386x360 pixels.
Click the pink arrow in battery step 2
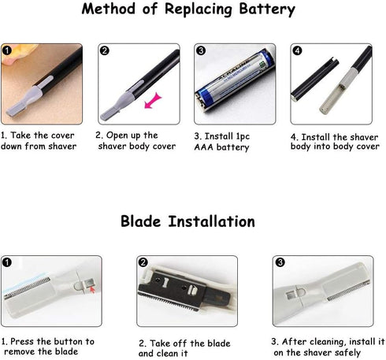point(153,101)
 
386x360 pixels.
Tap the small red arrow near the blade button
point(92,290)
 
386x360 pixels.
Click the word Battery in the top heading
point(267,9)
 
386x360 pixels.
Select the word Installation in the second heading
point(211,221)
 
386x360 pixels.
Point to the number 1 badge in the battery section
point(7,50)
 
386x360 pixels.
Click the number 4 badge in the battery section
point(297,50)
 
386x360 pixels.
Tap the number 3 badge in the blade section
point(280,262)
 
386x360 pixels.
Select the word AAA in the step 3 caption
point(204,147)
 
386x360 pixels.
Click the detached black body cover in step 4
point(314,80)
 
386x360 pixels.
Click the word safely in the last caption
point(347,352)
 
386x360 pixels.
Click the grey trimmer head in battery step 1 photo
point(25,102)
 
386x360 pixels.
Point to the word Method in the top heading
point(108,9)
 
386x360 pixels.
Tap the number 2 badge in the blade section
point(143,262)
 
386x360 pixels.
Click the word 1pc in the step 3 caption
point(243,137)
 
